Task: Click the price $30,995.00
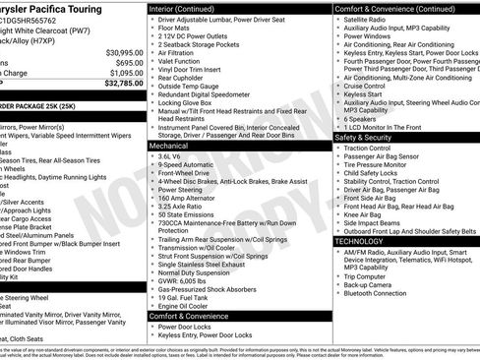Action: click(x=117, y=51)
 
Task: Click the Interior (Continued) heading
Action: click(x=189, y=7)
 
